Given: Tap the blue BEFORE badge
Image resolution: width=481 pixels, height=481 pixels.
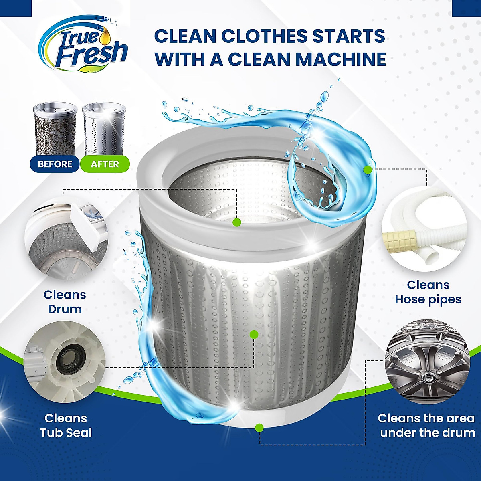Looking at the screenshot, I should (55, 164).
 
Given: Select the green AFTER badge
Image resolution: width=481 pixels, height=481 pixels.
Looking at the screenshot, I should (105, 164).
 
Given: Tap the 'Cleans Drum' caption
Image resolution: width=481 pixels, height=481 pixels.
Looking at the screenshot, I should (65, 302).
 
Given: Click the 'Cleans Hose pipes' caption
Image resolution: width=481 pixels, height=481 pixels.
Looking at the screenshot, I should (428, 292).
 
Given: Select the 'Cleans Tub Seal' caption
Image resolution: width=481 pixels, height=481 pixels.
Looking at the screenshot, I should (66, 425).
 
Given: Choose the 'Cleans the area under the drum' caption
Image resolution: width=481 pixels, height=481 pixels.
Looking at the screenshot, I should (426, 425).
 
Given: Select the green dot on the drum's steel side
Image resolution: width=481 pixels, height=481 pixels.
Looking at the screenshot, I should (253, 334).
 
